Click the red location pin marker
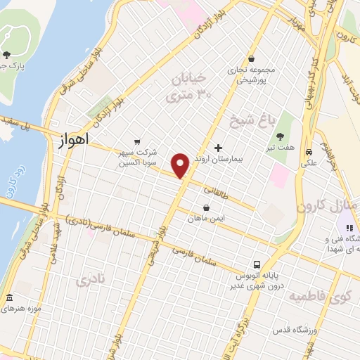coord(181,165)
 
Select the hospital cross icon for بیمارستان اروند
coord(218,148)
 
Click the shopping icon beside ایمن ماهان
coord(206,207)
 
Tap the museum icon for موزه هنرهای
coord(9,297)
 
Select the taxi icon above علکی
coord(309,152)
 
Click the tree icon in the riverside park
coord(7,54)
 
